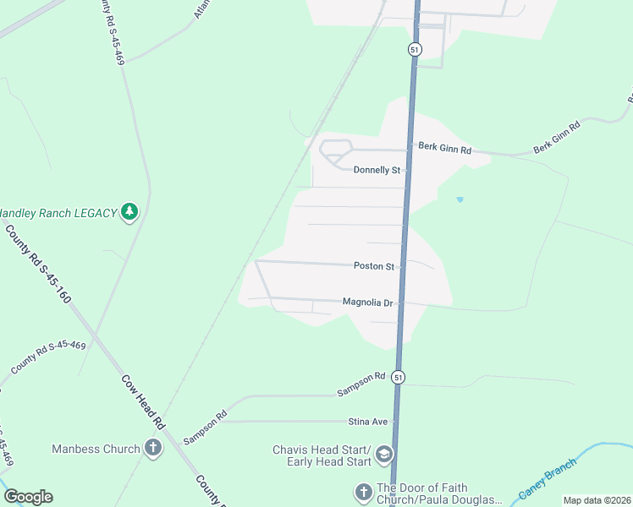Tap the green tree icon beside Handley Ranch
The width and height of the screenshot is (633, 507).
[129, 211]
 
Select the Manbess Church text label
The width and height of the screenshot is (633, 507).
[96, 449]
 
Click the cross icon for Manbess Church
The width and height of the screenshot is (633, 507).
[153, 448]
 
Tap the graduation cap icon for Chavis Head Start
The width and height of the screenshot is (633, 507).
[384, 455]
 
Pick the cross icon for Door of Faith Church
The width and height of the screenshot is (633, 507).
[363, 492]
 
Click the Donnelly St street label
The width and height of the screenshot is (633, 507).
[377, 170]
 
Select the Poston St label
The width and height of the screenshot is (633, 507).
[374, 266]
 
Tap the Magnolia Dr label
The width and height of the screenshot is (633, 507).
[368, 302]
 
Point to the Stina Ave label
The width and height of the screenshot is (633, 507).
[367, 421]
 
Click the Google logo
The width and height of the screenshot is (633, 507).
[28, 497]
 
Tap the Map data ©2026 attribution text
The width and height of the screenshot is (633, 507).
[597, 500]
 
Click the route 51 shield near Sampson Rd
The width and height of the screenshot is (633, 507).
[399, 377]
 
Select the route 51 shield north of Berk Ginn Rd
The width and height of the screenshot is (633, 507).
[414, 49]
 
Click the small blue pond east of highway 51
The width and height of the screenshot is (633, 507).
[460, 199]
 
